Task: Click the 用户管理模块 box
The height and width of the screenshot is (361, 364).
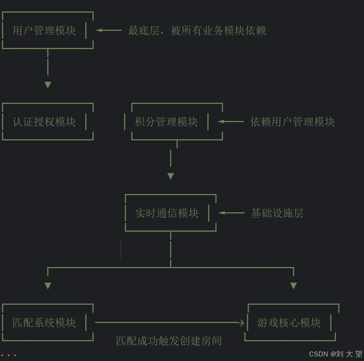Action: (45, 30)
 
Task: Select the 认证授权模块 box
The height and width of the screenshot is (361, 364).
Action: (45, 122)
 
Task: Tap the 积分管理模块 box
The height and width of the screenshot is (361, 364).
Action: (167, 122)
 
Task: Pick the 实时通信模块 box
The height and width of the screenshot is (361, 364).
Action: (167, 213)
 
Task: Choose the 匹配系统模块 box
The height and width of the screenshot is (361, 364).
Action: (45, 323)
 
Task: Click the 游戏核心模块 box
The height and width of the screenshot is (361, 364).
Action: (289, 323)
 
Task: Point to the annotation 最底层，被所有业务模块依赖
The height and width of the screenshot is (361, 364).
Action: (197, 30)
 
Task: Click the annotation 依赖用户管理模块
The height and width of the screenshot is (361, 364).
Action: (292, 122)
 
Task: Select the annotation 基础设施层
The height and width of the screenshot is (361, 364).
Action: (277, 213)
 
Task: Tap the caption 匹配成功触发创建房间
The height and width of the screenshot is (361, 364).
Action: (169, 341)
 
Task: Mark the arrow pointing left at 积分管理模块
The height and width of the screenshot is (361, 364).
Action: (230, 121)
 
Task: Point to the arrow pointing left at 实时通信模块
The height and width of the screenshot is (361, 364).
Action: (231, 213)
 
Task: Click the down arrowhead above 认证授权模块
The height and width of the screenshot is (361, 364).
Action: (48, 85)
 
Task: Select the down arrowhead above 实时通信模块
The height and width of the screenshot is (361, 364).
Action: (171, 176)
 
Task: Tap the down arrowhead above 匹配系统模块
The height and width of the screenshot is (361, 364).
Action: (48, 286)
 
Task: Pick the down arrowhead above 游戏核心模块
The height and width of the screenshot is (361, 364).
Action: (293, 286)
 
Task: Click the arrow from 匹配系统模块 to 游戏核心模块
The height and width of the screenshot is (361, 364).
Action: (169, 323)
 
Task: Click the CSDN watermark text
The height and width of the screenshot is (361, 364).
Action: (335, 354)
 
